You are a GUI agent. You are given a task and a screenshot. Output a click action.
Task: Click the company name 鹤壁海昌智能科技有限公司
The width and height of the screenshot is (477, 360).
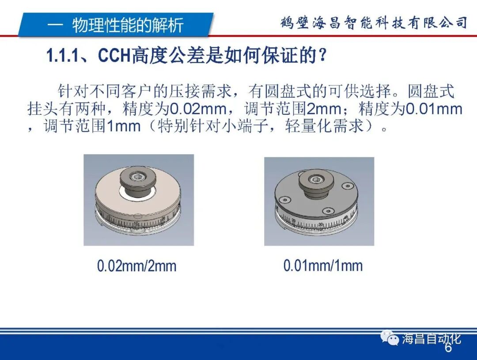coord(374,23)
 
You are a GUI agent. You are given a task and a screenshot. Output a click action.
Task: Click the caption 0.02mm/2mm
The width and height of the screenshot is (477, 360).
coord(136,266)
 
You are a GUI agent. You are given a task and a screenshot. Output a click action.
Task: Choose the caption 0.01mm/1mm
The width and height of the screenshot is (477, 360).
coord(323,265)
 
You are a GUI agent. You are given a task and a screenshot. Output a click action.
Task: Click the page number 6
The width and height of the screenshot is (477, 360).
coord(448,348)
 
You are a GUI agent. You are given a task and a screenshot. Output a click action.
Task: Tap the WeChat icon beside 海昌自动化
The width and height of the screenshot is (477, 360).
coord(390,339)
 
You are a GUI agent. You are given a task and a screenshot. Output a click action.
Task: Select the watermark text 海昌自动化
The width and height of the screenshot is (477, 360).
coord(431,339)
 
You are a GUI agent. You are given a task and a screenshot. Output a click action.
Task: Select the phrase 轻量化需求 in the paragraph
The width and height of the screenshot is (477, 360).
coord(326,126)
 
